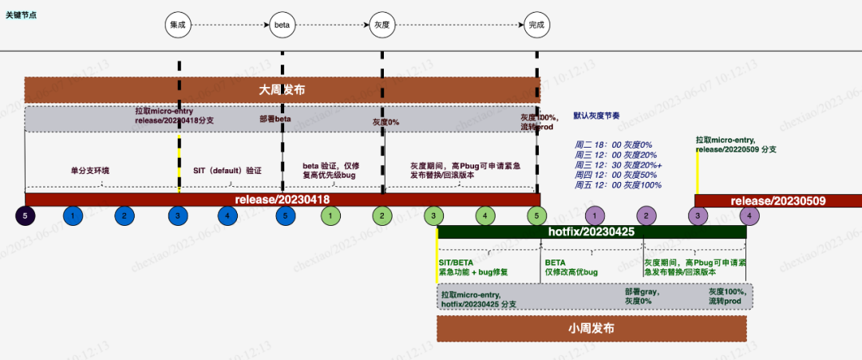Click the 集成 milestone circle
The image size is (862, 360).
coord(177,25)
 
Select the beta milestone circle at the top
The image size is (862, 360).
coord(282,25)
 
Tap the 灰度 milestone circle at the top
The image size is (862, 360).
coord(382,25)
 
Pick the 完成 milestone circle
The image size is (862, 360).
coord(536,25)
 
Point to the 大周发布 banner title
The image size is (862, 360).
coord(282,90)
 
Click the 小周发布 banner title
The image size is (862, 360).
coord(591,328)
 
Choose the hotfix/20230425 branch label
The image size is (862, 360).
coord(591,232)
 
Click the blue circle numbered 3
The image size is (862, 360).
coord(178,216)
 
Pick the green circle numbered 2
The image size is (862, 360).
coord(382,216)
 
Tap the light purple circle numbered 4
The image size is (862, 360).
coord(748,216)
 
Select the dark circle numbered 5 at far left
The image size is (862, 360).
coord(26,216)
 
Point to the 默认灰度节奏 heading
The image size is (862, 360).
coord(596,116)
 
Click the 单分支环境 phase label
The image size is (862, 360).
coord(89,170)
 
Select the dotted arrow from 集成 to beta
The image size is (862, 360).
coord(230,25)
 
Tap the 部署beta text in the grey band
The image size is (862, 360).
coord(275,118)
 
